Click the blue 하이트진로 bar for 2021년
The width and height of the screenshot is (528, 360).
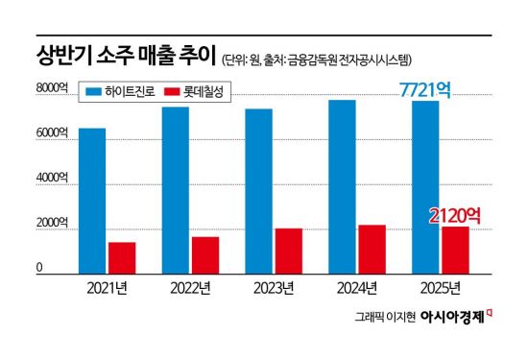[x=92, y=201]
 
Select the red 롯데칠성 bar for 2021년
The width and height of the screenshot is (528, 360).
[x=122, y=257]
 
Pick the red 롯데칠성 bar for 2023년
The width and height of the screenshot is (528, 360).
[x=288, y=251]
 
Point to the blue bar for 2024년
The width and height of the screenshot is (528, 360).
[x=342, y=186]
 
